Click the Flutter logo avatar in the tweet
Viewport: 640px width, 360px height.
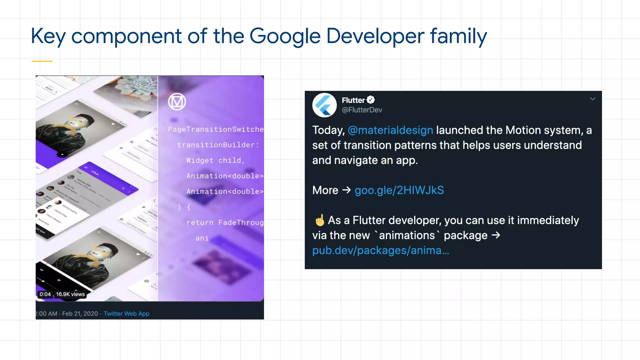coord(324,105)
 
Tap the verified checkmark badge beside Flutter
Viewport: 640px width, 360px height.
coord(371,100)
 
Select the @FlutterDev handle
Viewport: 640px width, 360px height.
coord(362,110)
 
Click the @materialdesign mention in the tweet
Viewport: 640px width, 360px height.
coord(390,130)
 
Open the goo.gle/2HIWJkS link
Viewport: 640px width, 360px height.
coord(399,190)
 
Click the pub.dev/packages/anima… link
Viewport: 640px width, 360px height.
coord(381,250)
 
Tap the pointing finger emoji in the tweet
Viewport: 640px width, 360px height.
coord(320,220)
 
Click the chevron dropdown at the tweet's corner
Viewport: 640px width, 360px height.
coord(592,99)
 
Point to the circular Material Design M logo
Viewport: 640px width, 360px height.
coord(177,102)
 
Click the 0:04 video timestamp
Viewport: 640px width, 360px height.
coord(45,294)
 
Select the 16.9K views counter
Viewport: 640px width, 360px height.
coord(70,294)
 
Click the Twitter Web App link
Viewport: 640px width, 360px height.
coord(127,314)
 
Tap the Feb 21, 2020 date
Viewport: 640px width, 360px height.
coord(80,314)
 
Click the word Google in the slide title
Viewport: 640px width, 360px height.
coord(285,36)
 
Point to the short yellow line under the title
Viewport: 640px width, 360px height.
coord(42,61)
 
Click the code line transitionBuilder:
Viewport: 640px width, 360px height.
coord(218,145)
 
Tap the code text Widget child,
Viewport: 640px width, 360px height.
coord(215,161)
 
